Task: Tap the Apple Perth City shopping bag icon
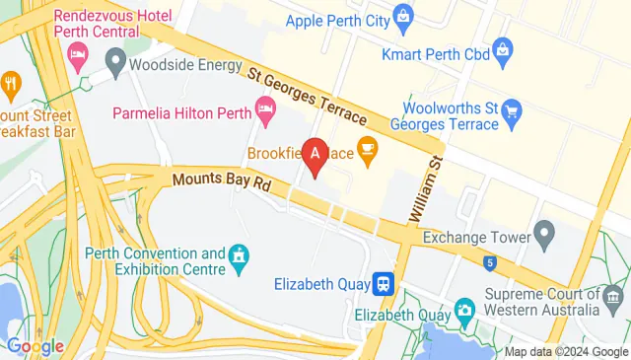[x=403, y=16]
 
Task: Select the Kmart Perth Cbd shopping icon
[x=501, y=47]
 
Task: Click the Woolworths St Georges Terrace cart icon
[x=511, y=109]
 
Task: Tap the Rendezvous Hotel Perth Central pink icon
[x=77, y=61]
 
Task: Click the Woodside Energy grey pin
[x=114, y=66]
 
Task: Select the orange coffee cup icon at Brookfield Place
[x=368, y=150]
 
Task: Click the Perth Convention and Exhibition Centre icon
[x=238, y=259]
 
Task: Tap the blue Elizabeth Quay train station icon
[x=383, y=284]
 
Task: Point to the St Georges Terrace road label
[x=306, y=96]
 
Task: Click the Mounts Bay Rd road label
[x=221, y=183]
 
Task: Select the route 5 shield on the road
[x=489, y=262]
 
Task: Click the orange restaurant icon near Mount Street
[x=11, y=82]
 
